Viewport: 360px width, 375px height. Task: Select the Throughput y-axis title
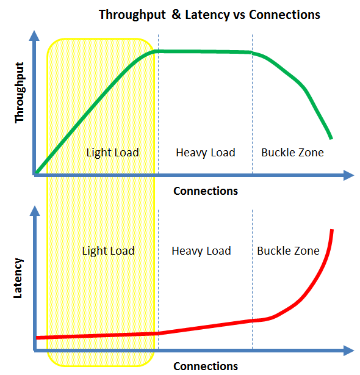pyautogui.click(x=20, y=92)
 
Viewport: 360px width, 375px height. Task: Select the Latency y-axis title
pyautogui.click(x=19, y=278)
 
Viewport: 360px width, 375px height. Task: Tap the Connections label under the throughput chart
pyautogui.click(x=206, y=191)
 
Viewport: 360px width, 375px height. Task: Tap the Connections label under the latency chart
pyautogui.click(x=206, y=366)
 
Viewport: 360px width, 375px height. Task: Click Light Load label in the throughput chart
pyautogui.click(x=113, y=152)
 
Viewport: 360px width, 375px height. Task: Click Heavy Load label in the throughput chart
pyautogui.click(x=205, y=152)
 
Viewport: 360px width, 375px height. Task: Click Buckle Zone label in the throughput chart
pyautogui.click(x=292, y=152)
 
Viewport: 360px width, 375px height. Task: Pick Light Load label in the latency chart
pyautogui.click(x=108, y=250)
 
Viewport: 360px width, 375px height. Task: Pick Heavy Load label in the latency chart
pyautogui.click(x=201, y=250)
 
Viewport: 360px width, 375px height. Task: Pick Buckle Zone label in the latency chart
pyautogui.click(x=288, y=250)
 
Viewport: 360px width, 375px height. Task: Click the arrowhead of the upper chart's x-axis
pyautogui.click(x=348, y=175)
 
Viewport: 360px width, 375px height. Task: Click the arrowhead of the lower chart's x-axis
pyautogui.click(x=348, y=351)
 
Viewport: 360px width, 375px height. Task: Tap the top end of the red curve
pyautogui.click(x=332, y=231)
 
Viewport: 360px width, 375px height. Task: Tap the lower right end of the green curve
pyautogui.click(x=331, y=137)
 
